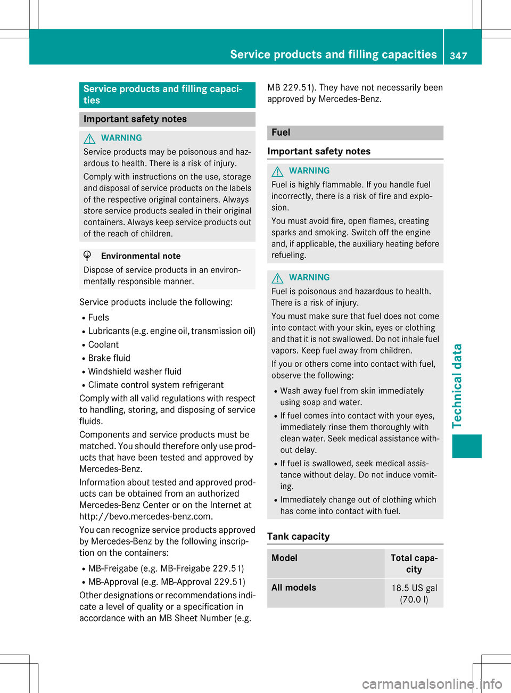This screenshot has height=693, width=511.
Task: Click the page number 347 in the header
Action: [458, 55]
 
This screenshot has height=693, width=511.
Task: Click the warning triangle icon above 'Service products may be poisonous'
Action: [89, 138]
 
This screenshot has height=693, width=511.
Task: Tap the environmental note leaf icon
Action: [88, 256]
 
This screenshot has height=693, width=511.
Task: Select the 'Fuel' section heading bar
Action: [355, 133]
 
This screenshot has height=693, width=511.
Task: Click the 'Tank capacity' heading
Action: [299, 537]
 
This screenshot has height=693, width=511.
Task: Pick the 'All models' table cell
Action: [294, 588]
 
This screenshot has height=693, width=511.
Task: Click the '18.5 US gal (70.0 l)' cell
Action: [414, 593]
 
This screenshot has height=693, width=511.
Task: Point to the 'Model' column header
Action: [285, 558]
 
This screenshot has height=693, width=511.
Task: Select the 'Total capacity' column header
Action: [414, 563]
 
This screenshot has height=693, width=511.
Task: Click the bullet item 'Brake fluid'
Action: [109, 358]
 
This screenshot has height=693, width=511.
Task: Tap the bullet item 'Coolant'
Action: [103, 345]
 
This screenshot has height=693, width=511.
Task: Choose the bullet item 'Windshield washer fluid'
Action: [135, 372]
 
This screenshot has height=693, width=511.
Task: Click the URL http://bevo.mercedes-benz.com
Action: [146, 516]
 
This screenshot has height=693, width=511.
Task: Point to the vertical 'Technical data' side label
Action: [457, 386]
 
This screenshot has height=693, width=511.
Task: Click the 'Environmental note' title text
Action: [141, 256]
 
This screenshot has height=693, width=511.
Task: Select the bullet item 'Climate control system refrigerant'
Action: [155, 385]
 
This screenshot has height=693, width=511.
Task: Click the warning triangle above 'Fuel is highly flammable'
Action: [277, 171]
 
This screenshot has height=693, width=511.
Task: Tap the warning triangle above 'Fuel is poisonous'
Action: [277, 278]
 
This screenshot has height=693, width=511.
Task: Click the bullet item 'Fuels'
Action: [98, 318]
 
